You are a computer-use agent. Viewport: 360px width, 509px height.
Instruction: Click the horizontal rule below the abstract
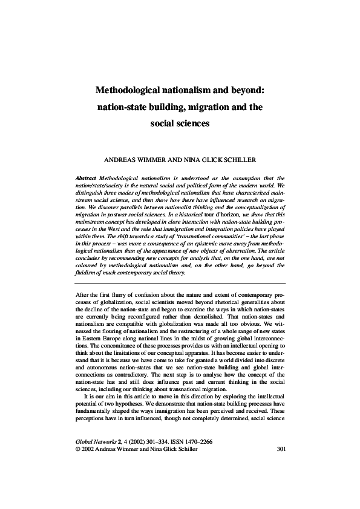pos(180,283)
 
